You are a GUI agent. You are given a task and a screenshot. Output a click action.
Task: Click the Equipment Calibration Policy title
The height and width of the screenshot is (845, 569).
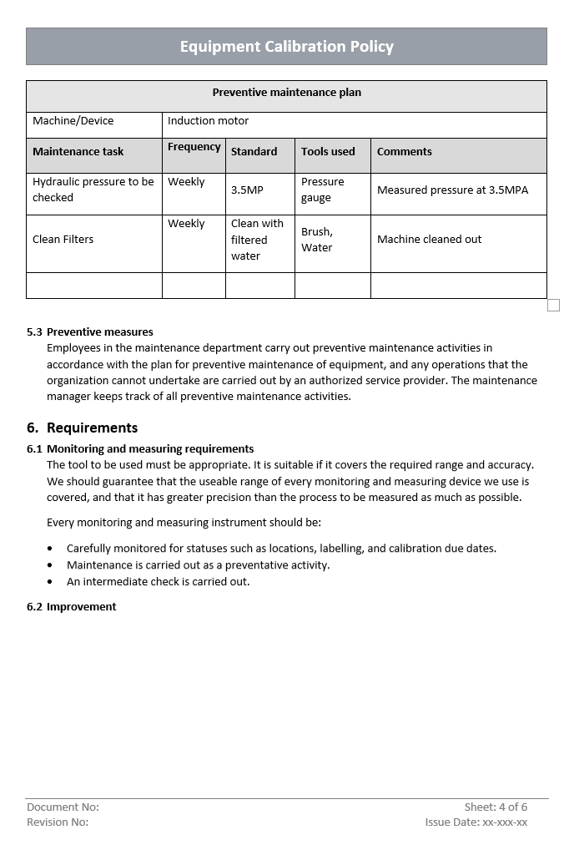tap(286, 47)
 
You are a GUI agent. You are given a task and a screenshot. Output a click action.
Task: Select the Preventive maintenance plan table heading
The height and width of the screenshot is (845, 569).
tap(286, 93)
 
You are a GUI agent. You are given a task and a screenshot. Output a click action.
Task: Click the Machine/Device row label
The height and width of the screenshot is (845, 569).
tap(73, 121)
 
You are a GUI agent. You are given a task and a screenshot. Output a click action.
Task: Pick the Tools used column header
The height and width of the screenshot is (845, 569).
tap(328, 152)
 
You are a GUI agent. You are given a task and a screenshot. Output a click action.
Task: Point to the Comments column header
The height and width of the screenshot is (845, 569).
tap(405, 152)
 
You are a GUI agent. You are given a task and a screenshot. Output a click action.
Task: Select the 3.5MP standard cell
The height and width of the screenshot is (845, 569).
tap(247, 190)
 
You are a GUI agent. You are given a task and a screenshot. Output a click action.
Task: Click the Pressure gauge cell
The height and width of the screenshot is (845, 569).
tap(322, 190)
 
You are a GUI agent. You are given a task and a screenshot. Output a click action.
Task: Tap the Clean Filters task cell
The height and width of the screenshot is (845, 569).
tap(63, 240)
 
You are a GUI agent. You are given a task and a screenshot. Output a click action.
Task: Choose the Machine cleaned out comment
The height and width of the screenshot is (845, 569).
tap(429, 240)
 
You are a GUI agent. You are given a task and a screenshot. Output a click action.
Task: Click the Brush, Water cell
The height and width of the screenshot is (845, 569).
tap(317, 240)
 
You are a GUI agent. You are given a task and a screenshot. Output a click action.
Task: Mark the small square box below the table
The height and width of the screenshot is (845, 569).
tap(553, 306)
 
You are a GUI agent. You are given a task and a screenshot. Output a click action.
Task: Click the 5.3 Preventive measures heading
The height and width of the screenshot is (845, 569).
tap(90, 332)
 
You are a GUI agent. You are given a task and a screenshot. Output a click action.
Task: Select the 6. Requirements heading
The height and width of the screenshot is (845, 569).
tap(82, 428)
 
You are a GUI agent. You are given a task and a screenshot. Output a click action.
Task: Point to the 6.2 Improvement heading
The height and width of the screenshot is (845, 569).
tap(72, 607)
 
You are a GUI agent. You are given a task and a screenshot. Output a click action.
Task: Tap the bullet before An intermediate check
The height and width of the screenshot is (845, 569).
tap(50, 582)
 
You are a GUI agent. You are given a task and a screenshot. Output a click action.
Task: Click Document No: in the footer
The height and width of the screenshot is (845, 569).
tap(63, 807)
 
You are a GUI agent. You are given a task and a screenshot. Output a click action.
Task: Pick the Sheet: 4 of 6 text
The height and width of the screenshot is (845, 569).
tap(496, 807)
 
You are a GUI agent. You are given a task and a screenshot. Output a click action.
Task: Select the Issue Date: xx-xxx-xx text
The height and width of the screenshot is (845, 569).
tap(476, 822)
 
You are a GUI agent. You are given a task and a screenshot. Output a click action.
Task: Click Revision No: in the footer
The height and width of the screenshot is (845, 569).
tap(58, 822)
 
